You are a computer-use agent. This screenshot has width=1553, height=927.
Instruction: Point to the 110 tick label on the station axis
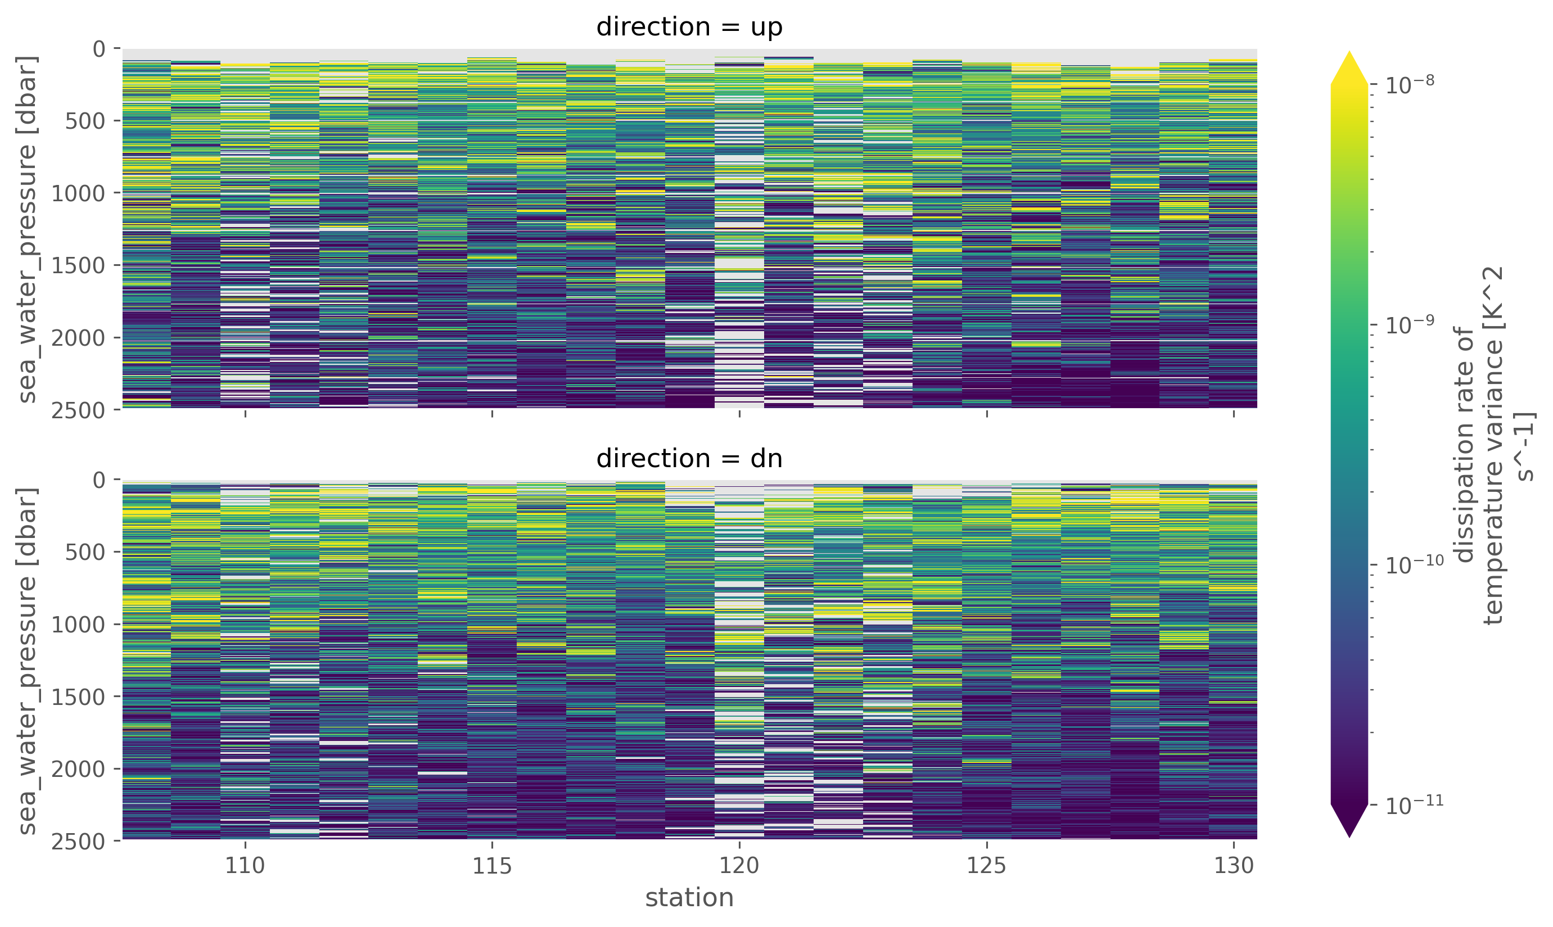pyautogui.click(x=245, y=866)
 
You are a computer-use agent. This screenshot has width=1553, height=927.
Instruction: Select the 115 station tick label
pyautogui.click(x=492, y=866)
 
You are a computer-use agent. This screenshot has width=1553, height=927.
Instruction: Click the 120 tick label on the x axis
pyautogui.click(x=739, y=866)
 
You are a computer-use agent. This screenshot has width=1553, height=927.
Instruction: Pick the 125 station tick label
pyautogui.click(x=986, y=866)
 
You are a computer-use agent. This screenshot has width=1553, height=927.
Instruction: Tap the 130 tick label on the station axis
pyautogui.click(x=1234, y=866)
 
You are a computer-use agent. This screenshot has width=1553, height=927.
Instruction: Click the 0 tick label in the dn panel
pyautogui.click(x=99, y=481)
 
